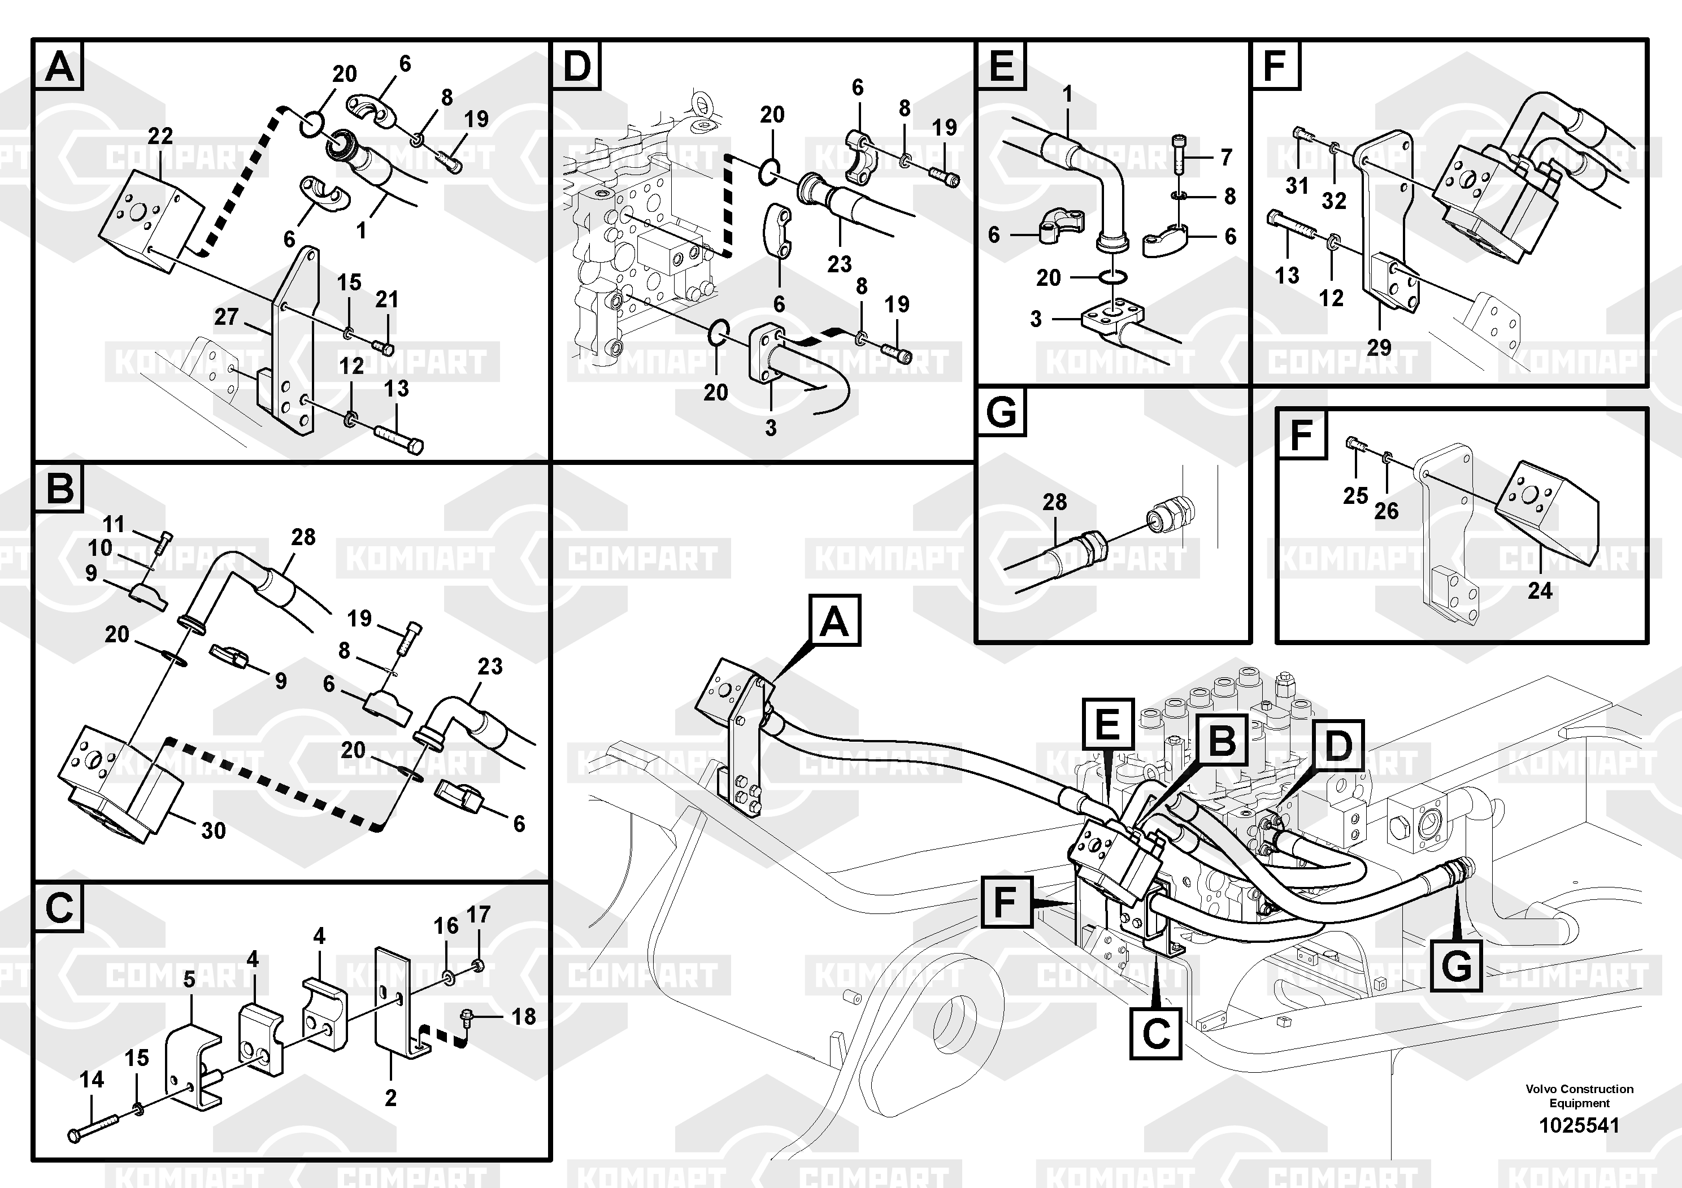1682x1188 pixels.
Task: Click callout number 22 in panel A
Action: tap(160, 136)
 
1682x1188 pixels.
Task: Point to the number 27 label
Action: tap(227, 316)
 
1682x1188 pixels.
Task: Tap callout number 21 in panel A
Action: tap(387, 299)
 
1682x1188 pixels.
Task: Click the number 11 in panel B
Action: tap(114, 524)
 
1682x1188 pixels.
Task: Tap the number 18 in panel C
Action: tap(524, 1017)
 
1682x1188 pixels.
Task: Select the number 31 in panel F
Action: tap(1297, 185)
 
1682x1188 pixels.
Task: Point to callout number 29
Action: tap(1379, 347)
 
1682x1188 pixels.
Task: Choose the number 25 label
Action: tap(1355, 496)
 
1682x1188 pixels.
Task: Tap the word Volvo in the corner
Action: tap(1541, 1089)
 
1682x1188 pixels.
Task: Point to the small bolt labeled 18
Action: tap(467, 1017)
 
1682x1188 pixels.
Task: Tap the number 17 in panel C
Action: tap(479, 914)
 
